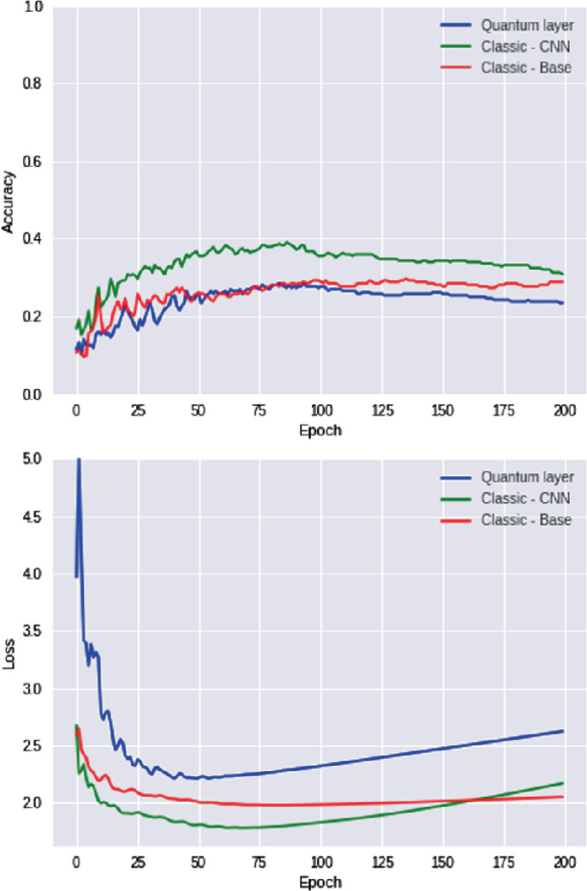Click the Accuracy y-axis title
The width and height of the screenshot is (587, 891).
coord(9,201)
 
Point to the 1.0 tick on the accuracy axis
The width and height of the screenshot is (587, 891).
coord(35,7)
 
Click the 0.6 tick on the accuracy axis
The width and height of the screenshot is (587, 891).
coord(35,162)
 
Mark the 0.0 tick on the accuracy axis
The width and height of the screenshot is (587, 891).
coord(35,395)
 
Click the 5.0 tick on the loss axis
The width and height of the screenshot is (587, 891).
coord(35,459)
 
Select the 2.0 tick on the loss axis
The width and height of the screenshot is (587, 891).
coord(35,804)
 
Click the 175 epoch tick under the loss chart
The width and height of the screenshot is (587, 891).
coord(504,862)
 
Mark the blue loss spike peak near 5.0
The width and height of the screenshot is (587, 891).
coord(79,460)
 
